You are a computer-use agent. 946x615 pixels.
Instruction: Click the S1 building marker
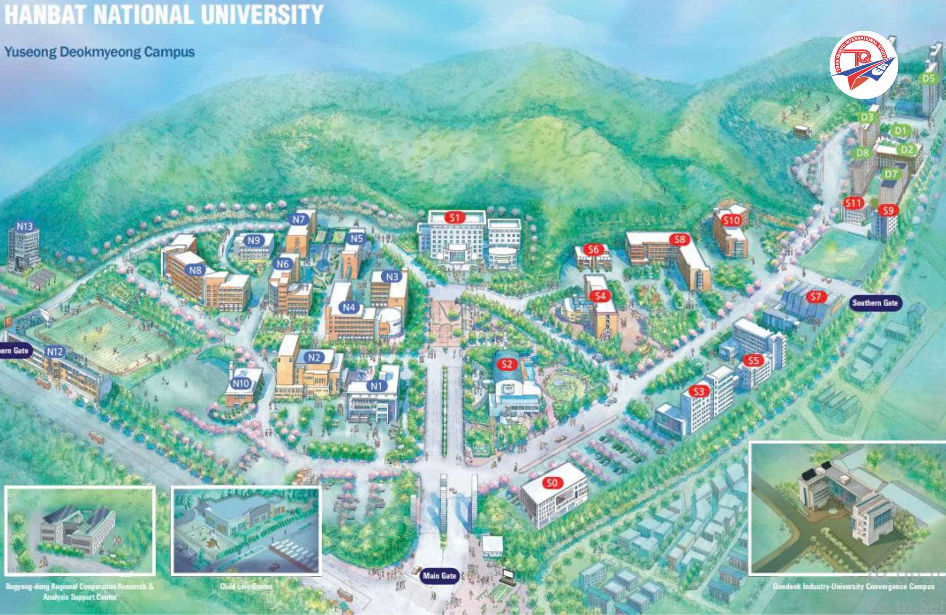click(x=455, y=218)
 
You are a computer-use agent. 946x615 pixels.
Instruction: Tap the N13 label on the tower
click(x=25, y=227)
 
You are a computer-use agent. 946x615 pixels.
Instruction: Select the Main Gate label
click(x=439, y=576)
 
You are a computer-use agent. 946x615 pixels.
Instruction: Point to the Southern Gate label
click(x=875, y=303)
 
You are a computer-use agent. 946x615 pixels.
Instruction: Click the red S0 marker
click(x=552, y=483)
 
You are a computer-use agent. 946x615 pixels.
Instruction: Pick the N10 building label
click(x=241, y=383)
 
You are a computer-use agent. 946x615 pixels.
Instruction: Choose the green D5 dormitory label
click(x=928, y=79)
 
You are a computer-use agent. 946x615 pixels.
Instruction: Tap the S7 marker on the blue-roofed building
click(x=815, y=297)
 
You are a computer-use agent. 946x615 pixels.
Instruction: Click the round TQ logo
click(x=864, y=65)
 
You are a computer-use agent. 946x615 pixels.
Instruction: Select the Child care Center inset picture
click(x=246, y=530)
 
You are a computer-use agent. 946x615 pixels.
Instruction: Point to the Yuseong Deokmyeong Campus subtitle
click(x=99, y=52)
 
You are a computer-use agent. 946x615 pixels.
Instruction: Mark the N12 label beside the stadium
click(x=55, y=351)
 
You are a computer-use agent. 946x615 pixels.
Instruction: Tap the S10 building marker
click(x=731, y=220)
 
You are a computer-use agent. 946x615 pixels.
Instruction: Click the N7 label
click(x=298, y=220)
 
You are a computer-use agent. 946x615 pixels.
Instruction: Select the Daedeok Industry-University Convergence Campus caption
click(x=853, y=587)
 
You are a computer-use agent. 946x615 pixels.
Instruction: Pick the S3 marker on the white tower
click(x=699, y=391)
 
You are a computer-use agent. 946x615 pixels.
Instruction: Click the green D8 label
click(x=862, y=153)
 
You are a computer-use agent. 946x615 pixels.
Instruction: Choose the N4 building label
click(x=349, y=307)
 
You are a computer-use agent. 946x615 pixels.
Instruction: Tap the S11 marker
click(x=853, y=203)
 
